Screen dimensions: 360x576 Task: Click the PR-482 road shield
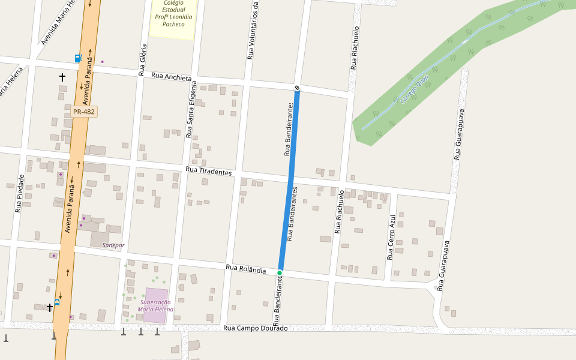click(x=83, y=112)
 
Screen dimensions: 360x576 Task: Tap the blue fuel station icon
click(x=79, y=58)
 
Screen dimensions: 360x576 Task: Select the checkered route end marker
click(x=297, y=89)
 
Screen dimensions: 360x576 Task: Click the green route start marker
click(x=280, y=273)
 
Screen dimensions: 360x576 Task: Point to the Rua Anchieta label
click(x=171, y=77)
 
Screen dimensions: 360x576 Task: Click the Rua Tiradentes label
click(x=208, y=172)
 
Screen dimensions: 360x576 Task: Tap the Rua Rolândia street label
click(x=245, y=269)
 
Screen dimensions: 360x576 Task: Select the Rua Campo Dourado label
click(x=255, y=328)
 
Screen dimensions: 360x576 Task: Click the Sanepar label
click(x=113, y=245)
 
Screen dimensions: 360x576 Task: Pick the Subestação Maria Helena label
click(x=155, y=306)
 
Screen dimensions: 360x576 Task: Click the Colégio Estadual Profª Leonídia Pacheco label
click(x=173, y=13)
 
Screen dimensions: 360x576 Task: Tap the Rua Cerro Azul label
click(x=391, y=236)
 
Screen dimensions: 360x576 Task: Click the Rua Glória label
click(x=143, y=59)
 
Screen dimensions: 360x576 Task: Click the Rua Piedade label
click(x=20, y=193)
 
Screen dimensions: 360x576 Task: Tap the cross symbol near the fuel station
click(x=62, y=77)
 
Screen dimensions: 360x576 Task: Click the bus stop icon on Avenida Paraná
click(x=57, y=302)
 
